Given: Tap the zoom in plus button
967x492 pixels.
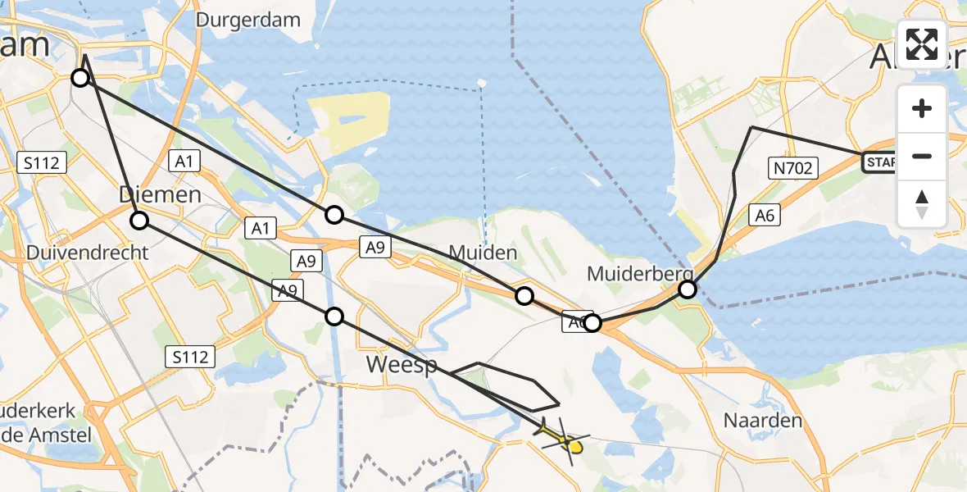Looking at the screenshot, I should pos(922,108).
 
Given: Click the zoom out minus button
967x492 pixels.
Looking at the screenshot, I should pos(922,156).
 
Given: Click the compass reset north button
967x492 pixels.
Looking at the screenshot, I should pos(922,204).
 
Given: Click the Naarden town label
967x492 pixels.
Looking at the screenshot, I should pos(751,421).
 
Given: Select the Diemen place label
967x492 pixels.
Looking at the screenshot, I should pos(160,195).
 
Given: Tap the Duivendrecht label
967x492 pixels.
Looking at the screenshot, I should pos(88,252).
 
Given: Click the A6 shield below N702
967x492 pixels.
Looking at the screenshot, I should pos(764,216).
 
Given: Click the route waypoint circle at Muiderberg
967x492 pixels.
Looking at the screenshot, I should pos(688,289).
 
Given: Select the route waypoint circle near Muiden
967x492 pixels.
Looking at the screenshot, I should pos(524,296).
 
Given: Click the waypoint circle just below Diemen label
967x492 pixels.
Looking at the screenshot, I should pos(139,220).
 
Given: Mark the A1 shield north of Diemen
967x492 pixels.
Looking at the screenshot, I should pos(184,162).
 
